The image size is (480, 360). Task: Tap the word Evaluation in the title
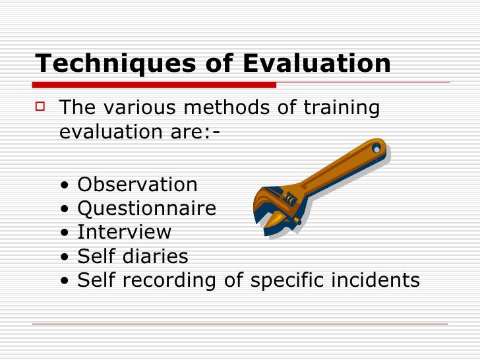(x=317, y=63)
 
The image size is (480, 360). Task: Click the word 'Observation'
(x=137, y=185)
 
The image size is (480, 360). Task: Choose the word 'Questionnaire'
(x=146, y=209)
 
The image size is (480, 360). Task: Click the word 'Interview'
(x=124, y=233)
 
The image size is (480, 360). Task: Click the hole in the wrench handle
(x=377, y=146)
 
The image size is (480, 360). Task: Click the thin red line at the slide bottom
(x=240, y=324)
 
